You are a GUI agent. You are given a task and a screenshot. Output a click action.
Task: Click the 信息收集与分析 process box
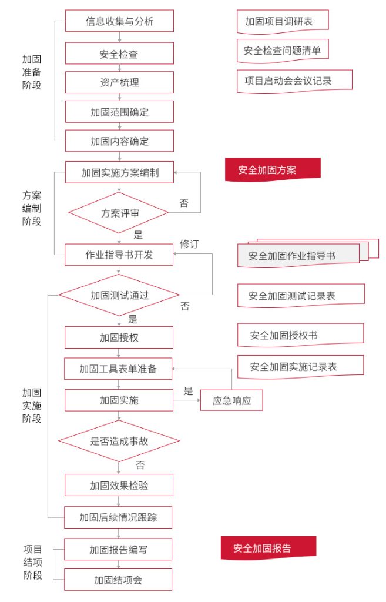(119, 21)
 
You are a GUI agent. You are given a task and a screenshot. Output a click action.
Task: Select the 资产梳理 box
(119, 82)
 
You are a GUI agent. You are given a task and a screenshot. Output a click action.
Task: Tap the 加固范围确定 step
(119, 112)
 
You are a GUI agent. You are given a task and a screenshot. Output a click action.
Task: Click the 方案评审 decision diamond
(119, 213)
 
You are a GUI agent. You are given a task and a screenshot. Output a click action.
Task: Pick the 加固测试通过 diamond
(119, 295)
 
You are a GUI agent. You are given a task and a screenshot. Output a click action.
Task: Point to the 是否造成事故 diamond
(119, 441)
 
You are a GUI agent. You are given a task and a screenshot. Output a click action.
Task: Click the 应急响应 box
(231, 400)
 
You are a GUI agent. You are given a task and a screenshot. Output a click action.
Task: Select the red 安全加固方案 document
(273, 170)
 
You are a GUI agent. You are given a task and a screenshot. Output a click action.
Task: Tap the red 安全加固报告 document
(268, 548)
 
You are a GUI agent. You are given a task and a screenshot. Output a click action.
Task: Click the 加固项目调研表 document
(283, 22)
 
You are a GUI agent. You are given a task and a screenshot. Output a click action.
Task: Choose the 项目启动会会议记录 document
(294, 81)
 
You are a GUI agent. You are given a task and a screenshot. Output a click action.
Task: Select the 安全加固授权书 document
(300, 335)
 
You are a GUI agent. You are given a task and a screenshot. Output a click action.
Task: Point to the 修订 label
(189, 244)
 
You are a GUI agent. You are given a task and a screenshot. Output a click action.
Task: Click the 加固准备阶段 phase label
(32, 72)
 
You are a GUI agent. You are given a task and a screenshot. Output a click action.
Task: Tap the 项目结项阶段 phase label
(33, 562)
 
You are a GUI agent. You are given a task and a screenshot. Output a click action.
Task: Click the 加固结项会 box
(118, 579)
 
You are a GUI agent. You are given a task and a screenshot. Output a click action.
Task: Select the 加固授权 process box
(119, 337)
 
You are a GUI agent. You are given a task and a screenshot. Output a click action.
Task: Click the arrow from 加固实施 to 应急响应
(187, 400)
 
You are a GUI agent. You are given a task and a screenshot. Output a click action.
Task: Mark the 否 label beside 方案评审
(184, 203)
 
